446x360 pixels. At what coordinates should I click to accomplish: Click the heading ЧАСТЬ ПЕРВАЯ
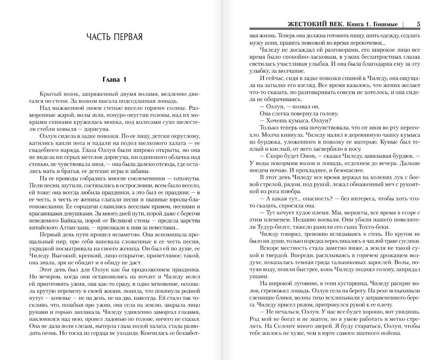tap(114, 37)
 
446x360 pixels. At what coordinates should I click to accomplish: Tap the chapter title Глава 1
tap(114, 80)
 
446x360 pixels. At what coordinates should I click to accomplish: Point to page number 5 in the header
tap(418, 24)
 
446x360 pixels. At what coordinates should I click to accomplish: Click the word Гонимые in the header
tap(385, 24)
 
